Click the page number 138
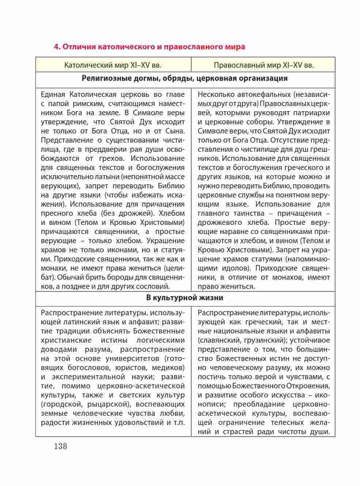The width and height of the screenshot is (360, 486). (x=60, y=446)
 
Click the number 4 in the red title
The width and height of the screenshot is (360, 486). (x=56, y=47)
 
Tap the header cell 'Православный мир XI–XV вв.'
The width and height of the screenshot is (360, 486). (x=264, y=65)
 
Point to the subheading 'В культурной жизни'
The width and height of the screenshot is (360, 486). (x=185, y=298)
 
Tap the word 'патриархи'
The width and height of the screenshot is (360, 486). (x=312, y=113)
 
